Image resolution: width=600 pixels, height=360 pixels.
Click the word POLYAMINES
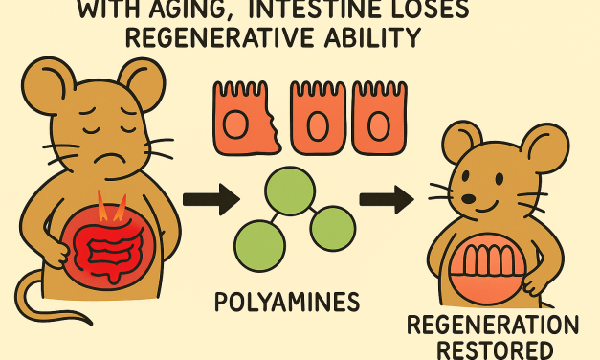click(287, 304)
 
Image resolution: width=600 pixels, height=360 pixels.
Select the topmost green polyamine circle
click(289, 190)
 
